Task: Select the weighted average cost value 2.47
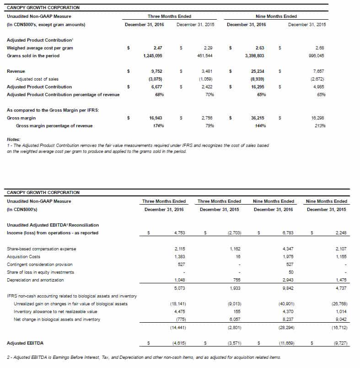(x=158, y=48)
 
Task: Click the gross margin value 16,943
(x=156, y=118)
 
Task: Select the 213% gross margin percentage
(x=320, y=125)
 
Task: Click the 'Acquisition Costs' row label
(x=22, y=256)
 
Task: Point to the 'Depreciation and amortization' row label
(x=35, y=280)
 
